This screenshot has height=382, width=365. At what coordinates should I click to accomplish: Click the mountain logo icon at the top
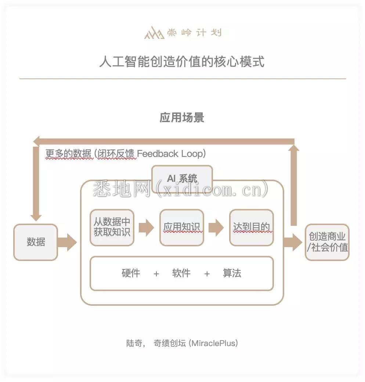click(x=154, y=33)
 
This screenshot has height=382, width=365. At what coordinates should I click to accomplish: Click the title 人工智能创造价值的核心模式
click(x=182, y=61)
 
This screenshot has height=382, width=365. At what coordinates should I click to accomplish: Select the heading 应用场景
click(x=182, y=117)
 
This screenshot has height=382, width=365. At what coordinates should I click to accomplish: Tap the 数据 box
click(x=36, y=242)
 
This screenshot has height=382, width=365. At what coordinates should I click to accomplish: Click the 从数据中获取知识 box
click(x=112, y=227)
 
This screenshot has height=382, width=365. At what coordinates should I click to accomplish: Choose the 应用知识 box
click(x=182, y=227)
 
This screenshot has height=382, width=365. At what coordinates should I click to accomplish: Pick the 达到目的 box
click(x=252, y=227)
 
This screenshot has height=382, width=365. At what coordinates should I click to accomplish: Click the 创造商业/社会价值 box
click(x=327, y=242)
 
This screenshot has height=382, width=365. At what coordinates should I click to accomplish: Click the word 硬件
click(x=131, y=273)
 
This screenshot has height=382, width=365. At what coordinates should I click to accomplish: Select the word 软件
click(x=181, y=273)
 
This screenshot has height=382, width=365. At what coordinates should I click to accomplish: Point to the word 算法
click(x=232, y=273)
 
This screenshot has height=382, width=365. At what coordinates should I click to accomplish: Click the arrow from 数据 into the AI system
click(x=67, y=242)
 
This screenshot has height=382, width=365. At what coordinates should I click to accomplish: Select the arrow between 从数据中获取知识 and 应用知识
click(x=147, y=228)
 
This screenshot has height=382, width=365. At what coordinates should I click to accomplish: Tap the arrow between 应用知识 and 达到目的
click(x=216, y=228)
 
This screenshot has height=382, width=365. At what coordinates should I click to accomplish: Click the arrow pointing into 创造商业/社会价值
click(x=293, y=242)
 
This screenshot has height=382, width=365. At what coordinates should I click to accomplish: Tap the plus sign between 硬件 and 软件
click(x=156, y=274)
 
